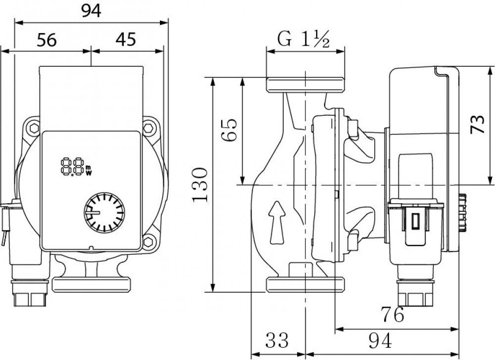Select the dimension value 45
[126, 40]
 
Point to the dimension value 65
[230, 130]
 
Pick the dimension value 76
[392, 313]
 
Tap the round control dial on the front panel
[104, 215]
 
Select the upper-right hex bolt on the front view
[148, 128]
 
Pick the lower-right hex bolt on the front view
[148, 242]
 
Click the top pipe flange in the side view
[305, 84]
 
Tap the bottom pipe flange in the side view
[305, 284]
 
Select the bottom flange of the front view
[92, 285]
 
